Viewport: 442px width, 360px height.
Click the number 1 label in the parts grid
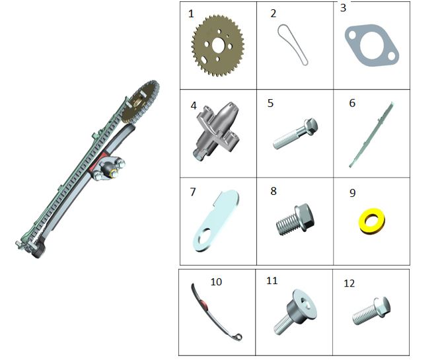[191, 14]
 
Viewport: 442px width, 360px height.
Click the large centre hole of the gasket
[371, 46]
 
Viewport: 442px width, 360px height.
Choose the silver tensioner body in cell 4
[217, 131]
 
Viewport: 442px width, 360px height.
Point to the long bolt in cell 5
[295, 133]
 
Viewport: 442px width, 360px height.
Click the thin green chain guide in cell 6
[371, 135]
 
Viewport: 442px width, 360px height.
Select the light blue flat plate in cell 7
[216, 221]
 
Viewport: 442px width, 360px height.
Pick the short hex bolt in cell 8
[295, 219]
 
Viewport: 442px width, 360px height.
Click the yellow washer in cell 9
[372, 221]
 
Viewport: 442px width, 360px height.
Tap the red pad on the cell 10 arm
[205, 305]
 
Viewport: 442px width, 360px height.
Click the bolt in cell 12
[371, 310]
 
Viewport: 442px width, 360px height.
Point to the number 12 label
[350, 283]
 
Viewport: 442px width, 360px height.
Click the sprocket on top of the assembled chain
[140, 102]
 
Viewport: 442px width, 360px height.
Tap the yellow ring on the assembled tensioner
[114, 174]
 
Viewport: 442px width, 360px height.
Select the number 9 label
[352, 193]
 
